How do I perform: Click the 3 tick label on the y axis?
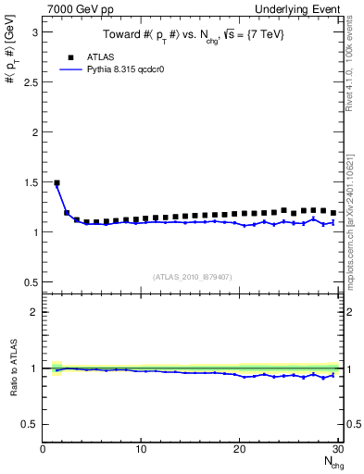point(33,31)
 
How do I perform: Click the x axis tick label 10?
point(141,449)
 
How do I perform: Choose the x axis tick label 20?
point(239,449)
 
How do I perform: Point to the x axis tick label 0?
point(43,449)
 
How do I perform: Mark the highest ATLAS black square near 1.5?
point(56,183)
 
